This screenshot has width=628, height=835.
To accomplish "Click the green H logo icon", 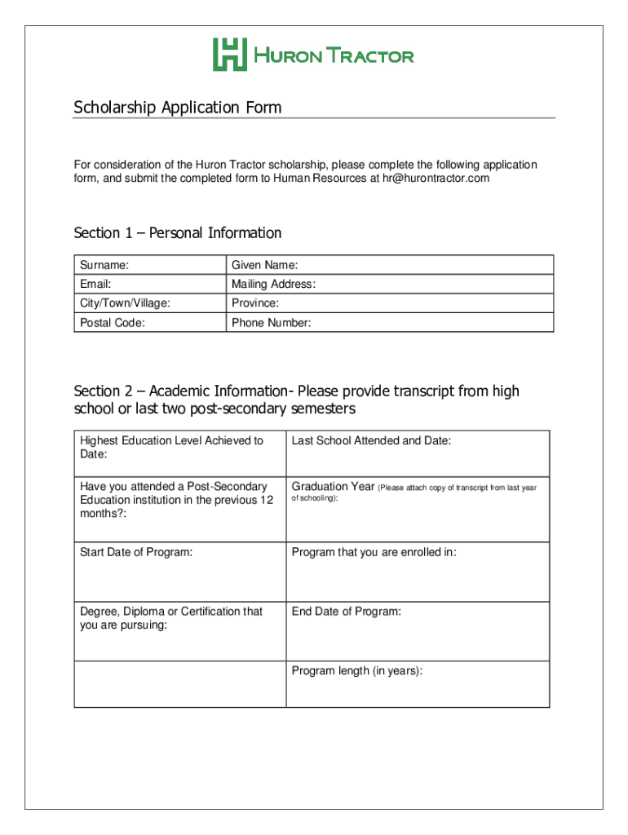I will pos(230,55).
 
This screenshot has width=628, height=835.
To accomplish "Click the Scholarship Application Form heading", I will pos(177,108).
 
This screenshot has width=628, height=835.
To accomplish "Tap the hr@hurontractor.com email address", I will pos(436,178).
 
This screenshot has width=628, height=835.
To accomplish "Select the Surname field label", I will pos(104,265).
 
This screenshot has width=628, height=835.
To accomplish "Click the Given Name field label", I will pos(264,265).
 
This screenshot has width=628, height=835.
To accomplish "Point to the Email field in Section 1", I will pos(95,285).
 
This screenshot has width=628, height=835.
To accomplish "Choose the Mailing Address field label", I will pos(273,285).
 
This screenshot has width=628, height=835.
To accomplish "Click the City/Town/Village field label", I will pos(125,303).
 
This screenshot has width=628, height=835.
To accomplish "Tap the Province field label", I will pos(255,303).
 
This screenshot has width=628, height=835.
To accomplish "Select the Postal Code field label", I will pos(113,323).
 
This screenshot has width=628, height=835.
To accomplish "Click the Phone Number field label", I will pos(271,323).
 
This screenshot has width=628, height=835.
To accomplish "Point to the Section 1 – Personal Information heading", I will pos(177,233).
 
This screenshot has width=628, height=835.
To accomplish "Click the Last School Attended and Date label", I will pos(371,441).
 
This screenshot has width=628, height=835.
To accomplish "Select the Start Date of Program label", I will pos(136,553).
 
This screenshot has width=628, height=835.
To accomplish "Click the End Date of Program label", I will pos(346,612).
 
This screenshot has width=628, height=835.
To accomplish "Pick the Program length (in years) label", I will pos(356,671).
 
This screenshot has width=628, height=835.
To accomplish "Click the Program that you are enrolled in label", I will pos(374,553).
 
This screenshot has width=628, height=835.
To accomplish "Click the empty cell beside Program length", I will pos(179,684).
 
